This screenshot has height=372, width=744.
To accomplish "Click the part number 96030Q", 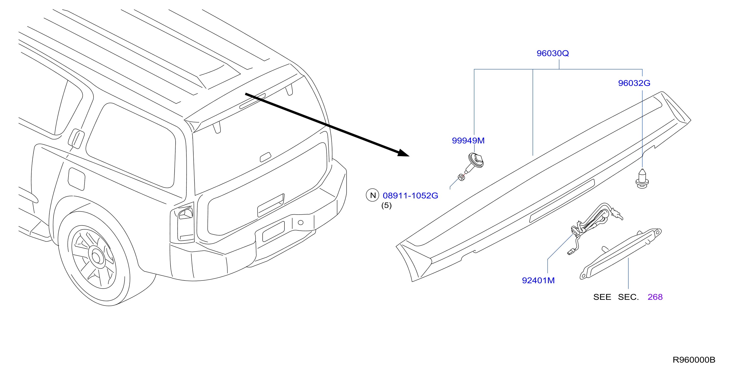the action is [553, 53].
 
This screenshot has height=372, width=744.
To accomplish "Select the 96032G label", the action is [634, 83].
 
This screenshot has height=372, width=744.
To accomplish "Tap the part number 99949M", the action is [468, 141].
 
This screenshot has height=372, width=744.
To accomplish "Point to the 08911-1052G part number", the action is [410, 196].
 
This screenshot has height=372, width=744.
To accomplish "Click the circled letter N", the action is [373, 195].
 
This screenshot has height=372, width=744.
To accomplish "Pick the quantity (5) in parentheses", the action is [387, 206].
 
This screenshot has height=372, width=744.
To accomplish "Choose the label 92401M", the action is [538, 281].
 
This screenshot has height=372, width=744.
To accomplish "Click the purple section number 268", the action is [655, 297].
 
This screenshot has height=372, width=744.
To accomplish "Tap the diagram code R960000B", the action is [694, 360].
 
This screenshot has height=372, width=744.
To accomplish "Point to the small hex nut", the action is [461, 177].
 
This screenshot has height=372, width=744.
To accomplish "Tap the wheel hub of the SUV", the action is [96, 256].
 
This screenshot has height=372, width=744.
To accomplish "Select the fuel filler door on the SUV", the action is [76, 179].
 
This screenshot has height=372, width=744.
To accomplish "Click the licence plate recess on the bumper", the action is [273, 231].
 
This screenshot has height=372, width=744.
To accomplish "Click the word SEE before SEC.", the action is [602, 297].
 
